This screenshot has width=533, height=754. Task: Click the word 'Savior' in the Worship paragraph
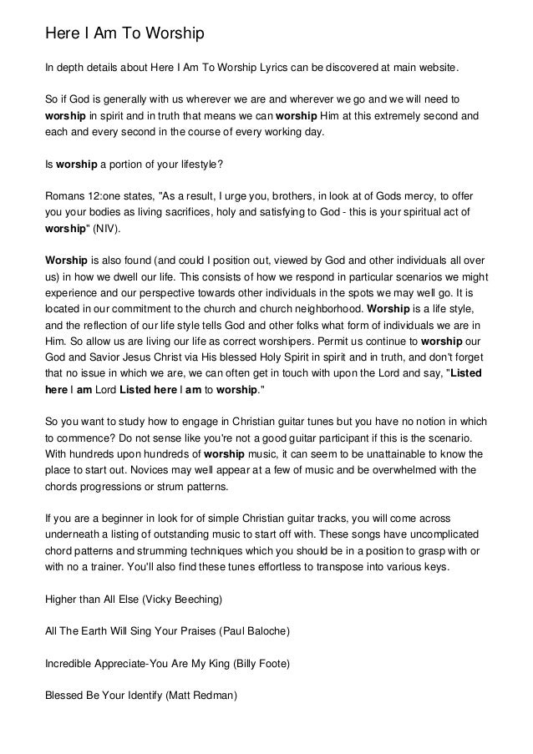tap(97, 357)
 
